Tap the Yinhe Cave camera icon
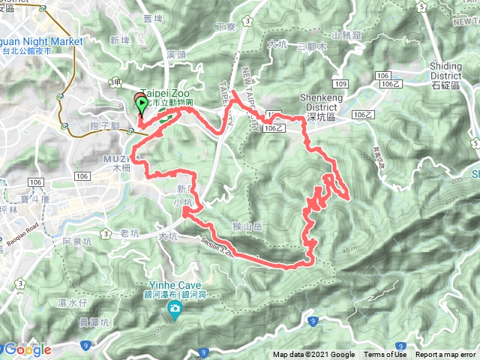tap(174, 309)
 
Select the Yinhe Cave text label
tap(174, 285)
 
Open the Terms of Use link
tap(385, 355)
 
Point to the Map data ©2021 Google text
tap(313, 355)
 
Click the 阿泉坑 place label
tap(76, 241)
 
